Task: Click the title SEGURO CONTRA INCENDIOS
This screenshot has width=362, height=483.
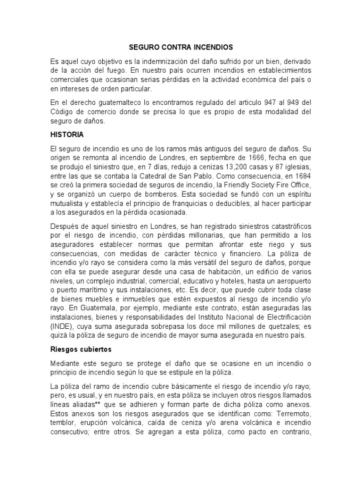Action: point(181,48)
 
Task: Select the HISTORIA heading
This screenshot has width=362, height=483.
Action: point(67,135)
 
